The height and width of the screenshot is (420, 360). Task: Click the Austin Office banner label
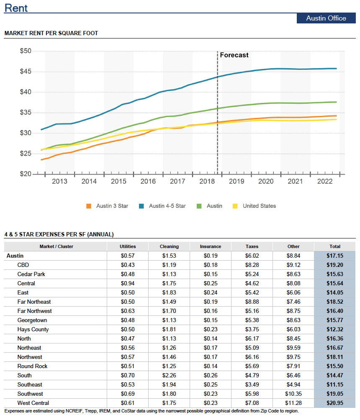tap(326, 18)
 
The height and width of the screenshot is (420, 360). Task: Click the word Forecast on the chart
tap(234, 55)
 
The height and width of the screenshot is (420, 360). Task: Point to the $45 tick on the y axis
tap(26, 71)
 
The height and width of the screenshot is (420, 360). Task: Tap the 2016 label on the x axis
tap(148, 181)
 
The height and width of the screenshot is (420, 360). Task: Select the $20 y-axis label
tap(26, 174)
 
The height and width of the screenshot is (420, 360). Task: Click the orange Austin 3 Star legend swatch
tap(89, 206)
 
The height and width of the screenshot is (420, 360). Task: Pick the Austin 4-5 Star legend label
tap(167, 206)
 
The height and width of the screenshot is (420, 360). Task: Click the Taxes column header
tap(252, 246)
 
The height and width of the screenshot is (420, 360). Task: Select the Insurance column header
tap(211, 246)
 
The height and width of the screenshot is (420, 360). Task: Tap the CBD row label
tap(23, 265)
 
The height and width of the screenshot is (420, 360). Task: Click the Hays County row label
tap(33, 330)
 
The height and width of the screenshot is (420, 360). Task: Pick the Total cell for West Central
tap(335, 403)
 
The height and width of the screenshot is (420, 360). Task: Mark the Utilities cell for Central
tap(128, 283)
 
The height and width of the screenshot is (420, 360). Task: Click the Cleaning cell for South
tap(169, 375)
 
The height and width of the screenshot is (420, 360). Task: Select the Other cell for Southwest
tap(293, 394)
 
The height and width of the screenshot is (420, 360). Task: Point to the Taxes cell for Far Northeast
tap(252, 302)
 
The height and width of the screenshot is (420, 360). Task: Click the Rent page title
tap(16, 8)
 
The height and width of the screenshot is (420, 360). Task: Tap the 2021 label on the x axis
tap(295, 181)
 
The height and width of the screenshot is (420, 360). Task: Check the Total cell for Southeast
tap(335, 384)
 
